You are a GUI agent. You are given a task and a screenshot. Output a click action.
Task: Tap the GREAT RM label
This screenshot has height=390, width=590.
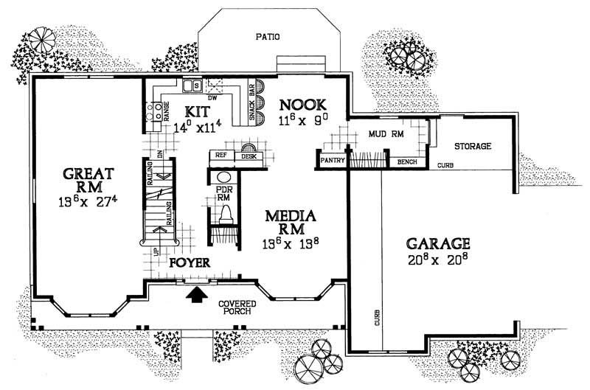tap(87, 180)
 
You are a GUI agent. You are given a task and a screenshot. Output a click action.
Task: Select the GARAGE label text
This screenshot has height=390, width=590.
tap(437, 243)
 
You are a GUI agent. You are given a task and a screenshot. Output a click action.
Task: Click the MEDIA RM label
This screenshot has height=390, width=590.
tap(291, 223)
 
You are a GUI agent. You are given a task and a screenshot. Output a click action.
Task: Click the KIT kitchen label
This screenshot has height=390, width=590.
tap(197, 112)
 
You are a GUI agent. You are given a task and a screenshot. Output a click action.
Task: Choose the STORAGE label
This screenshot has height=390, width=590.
tap(472, 146)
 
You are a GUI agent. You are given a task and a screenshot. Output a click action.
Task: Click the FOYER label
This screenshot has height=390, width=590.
tap(190, 262)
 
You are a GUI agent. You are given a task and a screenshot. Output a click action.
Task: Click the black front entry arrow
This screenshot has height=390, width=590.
tap(197, 295)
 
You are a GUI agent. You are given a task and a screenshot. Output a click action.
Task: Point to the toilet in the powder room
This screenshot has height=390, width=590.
tap(225, 214)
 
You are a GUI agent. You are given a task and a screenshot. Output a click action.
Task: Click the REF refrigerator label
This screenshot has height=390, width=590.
tap(221, 156)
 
